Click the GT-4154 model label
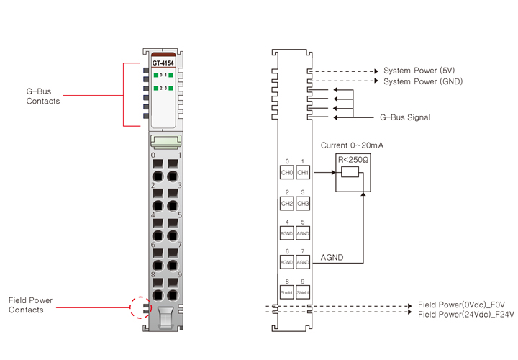(163, 63)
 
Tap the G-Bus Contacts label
(42, 96)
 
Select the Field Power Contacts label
(30, 305)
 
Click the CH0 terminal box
(287, 173)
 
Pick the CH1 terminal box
(303, 173)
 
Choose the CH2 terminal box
(287, 204)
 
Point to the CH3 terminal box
(303, 204)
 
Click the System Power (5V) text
(419, 71)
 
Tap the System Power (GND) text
(423, 81)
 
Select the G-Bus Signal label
(405, 117)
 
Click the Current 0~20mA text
(352, 145)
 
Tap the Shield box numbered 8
(287, 293)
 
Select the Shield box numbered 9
(303, 293)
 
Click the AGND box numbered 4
(287, 233)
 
